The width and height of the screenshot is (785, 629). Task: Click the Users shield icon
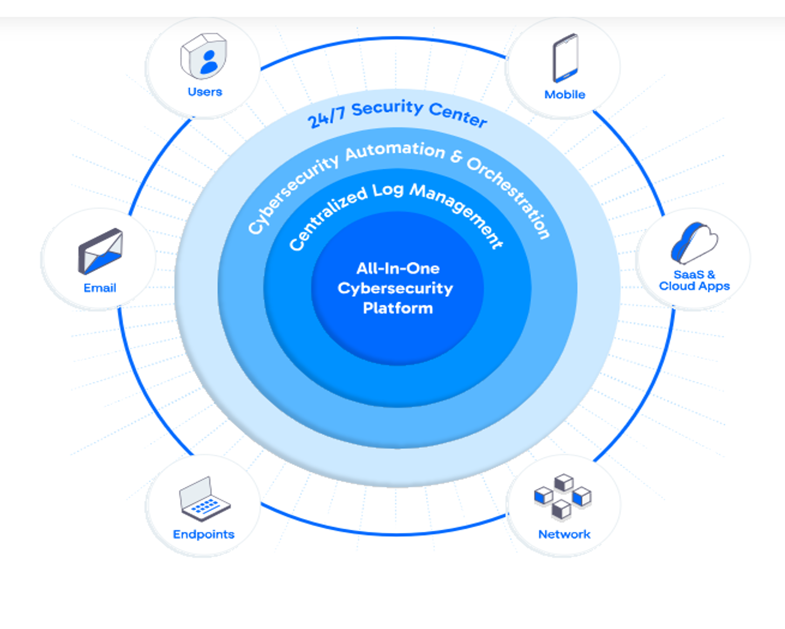click(x=203, y=56)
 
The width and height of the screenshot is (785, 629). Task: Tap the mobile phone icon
click(x=565, y=58)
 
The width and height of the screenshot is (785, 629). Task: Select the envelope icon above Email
click(x=100, y=251)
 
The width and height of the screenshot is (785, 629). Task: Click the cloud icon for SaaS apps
click(x=694, y=243)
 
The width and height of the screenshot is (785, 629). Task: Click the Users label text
click(x=205, y=92)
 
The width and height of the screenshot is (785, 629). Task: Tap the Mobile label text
click(x=565, y=95)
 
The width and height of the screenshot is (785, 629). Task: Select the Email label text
click(x=100, y=288)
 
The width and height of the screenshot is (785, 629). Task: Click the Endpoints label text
click(x=203, y=534)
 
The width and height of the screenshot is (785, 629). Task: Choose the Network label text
click(x=564, y=534)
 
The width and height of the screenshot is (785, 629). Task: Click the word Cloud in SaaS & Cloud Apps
click(x=677, y=286)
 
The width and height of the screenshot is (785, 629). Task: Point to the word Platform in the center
click(x=398, y=308)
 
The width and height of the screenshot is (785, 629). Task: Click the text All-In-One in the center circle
click(x=398, y=268)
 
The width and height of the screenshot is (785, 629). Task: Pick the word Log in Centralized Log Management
click(x=387, y=190)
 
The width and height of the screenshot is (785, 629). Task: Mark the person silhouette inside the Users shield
click(x=209, y=62)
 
